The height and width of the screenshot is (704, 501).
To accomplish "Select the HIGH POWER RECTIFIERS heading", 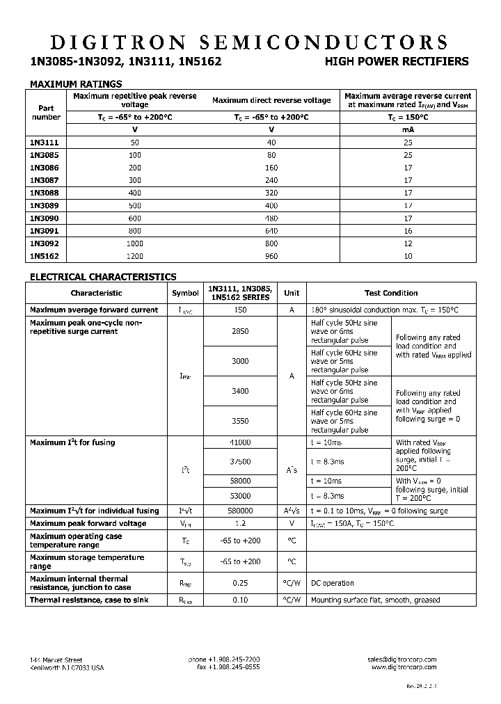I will click(397, 61).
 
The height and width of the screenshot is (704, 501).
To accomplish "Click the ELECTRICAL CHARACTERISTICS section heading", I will click(102, 276).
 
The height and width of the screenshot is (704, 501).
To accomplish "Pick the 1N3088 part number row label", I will click(45, 193).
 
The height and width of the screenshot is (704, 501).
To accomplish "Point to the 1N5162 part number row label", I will click(45, 256).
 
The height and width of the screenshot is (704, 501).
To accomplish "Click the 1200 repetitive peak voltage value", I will click(135, 256).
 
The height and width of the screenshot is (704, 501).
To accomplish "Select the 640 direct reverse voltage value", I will click(271, 231).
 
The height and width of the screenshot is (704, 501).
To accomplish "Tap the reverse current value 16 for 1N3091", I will click(408, 231).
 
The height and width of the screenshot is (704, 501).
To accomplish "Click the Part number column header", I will click(46, 113).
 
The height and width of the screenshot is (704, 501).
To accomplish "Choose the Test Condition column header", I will click(391, 293).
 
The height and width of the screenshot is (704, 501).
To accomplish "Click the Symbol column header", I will click(185, 293).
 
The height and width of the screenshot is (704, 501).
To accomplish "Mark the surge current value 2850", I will click(239, 332).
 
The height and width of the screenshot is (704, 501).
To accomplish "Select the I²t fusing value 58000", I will click(239, 481).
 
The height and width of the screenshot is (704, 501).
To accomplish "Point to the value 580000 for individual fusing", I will click(239, 511).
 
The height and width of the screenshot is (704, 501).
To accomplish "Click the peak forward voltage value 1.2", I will click(239, 523).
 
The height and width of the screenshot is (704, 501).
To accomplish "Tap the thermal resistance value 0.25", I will click(239, 583).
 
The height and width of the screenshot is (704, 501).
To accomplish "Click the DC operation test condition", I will click(332, 583).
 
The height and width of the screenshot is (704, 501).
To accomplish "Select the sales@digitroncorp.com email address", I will click(401, 659).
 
